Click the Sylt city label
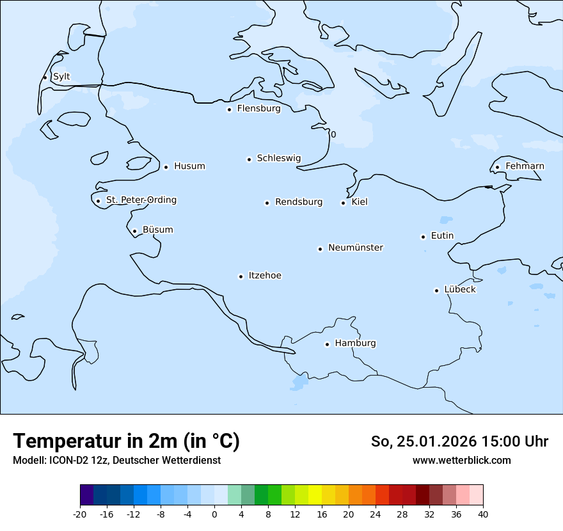[x=61, y=77]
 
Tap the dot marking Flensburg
[x=229, y=109]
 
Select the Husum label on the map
[x=189, y=166]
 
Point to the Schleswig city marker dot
[x=249, y=159]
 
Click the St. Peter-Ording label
[x=141, y=200]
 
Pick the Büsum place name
[x=157, y=230]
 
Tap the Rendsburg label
[x=299, y=202]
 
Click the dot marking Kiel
[x=344, y=203]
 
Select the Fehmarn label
[x=525, y=166]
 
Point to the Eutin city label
[x=442, y=236]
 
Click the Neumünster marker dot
[x=320, y=249]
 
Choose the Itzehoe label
[x=265, y=276]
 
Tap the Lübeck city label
[x=460, y=289]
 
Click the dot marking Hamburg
[x=327, y=344]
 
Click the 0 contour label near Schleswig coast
[x=333, y=134]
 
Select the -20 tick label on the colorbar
[x=80, y=514]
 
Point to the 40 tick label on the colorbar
[x=483, y=514]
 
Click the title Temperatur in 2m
[x=127, y=441]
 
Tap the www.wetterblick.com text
[x=462, y=461]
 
